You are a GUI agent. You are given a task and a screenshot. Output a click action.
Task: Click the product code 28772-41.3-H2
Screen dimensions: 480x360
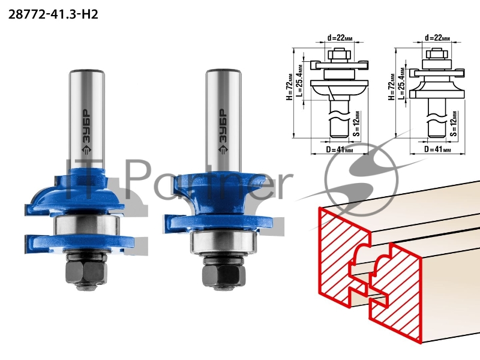(53, 14)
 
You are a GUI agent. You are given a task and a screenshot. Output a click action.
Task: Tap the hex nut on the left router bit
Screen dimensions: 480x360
(86, 272)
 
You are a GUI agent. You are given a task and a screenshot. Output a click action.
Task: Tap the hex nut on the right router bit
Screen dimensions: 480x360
(224, 275)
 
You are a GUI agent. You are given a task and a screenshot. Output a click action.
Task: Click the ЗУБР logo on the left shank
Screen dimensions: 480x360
(86, 132)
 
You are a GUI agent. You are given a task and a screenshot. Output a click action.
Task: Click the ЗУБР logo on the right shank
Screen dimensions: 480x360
(223, 132)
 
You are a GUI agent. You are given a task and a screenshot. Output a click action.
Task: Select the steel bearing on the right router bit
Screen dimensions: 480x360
(224, 242)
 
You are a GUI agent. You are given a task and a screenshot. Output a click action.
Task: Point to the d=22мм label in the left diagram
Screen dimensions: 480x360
(340, 38)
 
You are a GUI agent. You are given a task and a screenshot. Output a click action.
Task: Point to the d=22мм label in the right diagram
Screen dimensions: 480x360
(437, 38)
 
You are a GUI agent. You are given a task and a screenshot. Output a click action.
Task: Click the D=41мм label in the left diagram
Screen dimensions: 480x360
(340, 150)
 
